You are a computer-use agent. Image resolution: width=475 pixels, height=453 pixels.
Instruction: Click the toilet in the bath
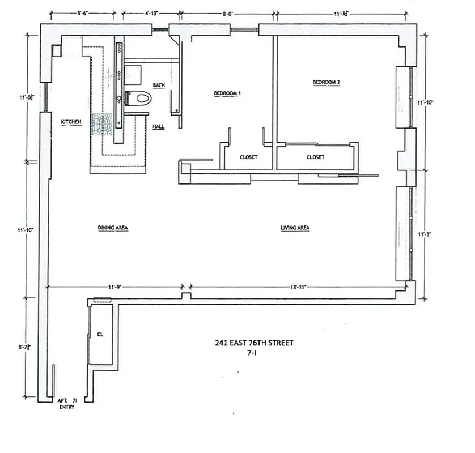pos(139,99)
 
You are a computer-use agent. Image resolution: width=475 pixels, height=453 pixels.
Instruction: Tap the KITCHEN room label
pos(71,122)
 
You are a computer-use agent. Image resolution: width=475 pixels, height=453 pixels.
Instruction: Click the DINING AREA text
pos(112,228)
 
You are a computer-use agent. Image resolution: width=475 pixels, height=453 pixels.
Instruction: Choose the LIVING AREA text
pos(295,228)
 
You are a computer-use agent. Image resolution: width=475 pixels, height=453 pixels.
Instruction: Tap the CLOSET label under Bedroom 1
pos(248,157)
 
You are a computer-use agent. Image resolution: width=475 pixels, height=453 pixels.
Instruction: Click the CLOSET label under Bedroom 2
pos(315,157)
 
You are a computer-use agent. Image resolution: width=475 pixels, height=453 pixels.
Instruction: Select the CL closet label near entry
pos(100,334)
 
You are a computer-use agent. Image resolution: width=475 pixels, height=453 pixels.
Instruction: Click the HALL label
pos(159,126)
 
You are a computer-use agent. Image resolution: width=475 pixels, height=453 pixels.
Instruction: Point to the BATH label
pos(158,85)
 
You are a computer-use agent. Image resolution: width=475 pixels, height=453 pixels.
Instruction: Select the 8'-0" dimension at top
pos(228,12)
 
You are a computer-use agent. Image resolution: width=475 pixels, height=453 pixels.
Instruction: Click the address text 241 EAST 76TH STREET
pos(254,343)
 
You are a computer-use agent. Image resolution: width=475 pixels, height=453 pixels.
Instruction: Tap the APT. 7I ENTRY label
pos(66,403)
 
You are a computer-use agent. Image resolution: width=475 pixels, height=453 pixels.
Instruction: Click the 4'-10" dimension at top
pos(151,12)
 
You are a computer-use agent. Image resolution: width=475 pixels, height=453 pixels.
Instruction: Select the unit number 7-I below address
pos(253,352)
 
